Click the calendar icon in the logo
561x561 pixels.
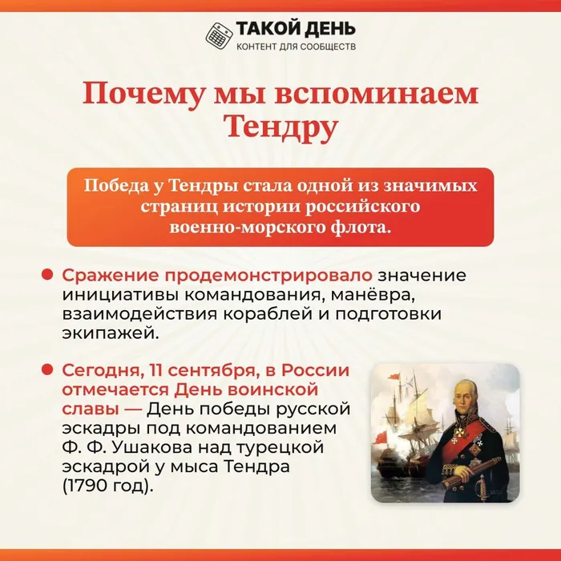[219, 35]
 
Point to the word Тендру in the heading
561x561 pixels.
[280, 127]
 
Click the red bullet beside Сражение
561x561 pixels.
[47, 275]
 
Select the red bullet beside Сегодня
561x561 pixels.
[47, 369]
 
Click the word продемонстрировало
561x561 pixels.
[217, 276]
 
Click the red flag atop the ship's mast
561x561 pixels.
[394, 377]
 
